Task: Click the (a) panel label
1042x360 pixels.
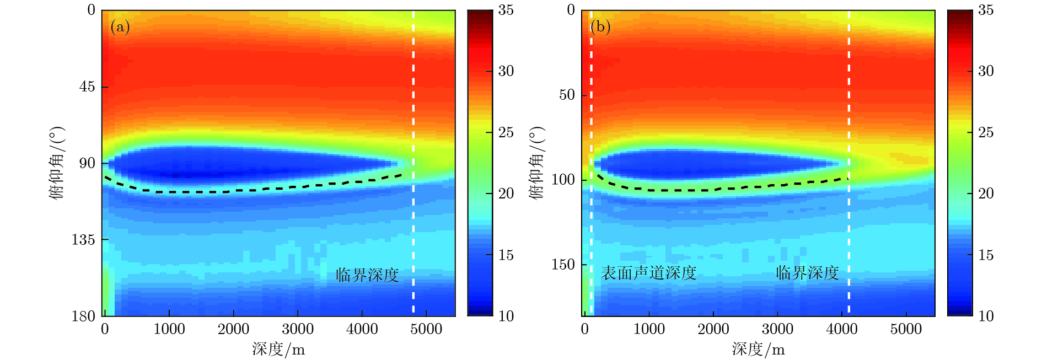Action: click(120, 26)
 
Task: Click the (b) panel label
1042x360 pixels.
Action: click(600, 26)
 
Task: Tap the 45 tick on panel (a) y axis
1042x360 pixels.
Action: click(87, 87)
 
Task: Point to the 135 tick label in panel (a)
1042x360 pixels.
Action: click(83, 240)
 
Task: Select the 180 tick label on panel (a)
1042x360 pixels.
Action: click(83, 316)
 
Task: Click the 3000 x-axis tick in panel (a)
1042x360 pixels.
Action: click(298, 329)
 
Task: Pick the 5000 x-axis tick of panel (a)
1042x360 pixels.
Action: click(426, 329)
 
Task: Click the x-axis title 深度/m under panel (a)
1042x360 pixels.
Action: click(278, 349)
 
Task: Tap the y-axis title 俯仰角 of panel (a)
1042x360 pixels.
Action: click(57, 163)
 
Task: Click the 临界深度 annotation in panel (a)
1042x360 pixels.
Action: click(367, 275)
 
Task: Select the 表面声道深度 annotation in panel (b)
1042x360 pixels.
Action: click(649, 273)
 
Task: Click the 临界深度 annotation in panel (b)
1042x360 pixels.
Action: click(807, 273)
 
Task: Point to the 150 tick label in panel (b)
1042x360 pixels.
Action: click(563, 265)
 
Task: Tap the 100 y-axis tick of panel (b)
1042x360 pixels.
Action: click(563, 180)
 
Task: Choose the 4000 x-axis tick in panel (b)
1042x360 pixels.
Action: click(841, 329)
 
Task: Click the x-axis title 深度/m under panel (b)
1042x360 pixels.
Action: click(758, 349)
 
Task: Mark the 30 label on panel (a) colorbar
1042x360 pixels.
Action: click(506, 71)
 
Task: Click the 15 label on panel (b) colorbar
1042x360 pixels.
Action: click(986, 255)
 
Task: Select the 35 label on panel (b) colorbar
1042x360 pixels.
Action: click(986, 10)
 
